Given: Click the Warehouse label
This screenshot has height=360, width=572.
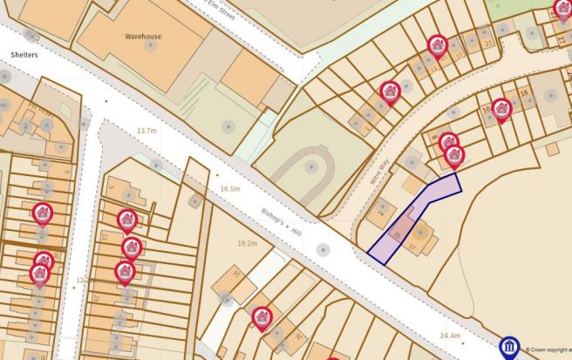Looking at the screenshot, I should (x=143, y=37).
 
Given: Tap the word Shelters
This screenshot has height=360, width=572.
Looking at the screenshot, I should (x=24, y=54).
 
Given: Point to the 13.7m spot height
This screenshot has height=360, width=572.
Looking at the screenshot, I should (x=146, y=131).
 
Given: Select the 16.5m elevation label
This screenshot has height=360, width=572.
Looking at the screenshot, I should (x=229, y=188).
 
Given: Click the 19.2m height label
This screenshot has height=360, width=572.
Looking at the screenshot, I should (x=248, y=244).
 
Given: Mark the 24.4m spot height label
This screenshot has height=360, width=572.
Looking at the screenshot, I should (x=449, y=336).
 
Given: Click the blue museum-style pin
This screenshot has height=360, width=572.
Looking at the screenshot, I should (x=509, y=347).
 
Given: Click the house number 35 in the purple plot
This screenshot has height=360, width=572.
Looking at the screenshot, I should (x=397, y=234).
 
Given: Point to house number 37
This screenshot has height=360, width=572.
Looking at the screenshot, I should (x=412, y=247).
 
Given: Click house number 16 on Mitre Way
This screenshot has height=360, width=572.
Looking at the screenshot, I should (x=523, y=92).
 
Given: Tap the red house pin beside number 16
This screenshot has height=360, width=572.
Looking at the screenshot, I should (x=500, y=109).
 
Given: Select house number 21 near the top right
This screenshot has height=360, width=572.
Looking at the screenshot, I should (x=488, y=43).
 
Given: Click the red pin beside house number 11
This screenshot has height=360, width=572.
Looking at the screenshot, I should (x=437, y=44).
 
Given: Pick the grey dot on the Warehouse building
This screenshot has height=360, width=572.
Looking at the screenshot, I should (x=150, y=45).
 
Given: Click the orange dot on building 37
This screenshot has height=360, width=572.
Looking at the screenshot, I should (x=420, y=232).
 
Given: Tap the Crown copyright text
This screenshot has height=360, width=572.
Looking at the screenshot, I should (x=549, y=350).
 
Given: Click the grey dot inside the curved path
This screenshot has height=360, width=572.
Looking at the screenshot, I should (x=310, y=166).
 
